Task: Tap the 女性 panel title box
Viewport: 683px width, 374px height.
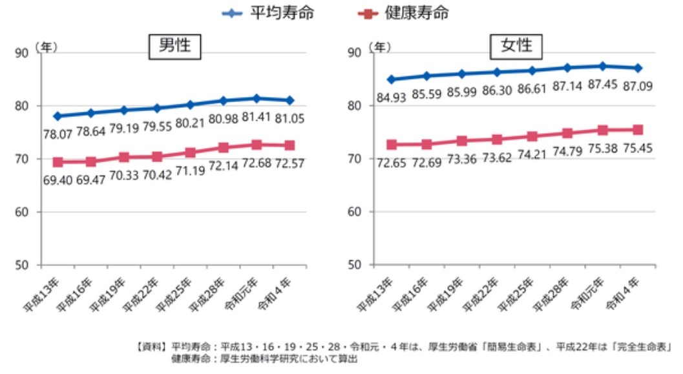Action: (516, 46)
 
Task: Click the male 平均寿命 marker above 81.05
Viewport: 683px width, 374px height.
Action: (290, 100)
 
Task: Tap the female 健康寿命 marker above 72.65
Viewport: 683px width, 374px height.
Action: (392, 145)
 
